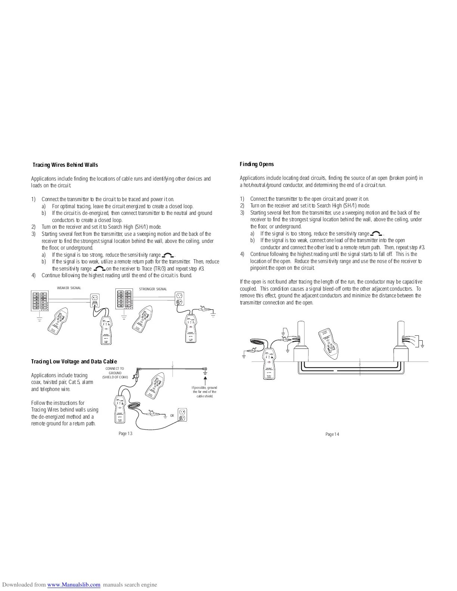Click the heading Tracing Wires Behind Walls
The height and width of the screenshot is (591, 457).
(x=65, y=165)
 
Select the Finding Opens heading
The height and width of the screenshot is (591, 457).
(x=257, y=164)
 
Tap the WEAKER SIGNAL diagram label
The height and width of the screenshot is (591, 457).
(x=69, y=288)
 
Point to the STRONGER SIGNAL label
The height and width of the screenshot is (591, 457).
(x=153, y=289)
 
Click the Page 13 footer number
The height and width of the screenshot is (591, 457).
(x=125, y=433)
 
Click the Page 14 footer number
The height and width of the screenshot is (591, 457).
(x=332, y=434)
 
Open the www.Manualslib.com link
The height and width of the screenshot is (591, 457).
(x=74, y=585)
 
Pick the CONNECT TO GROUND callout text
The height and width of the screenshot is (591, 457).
(x=115, y=373)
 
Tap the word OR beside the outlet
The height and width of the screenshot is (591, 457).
(x=172, y=416)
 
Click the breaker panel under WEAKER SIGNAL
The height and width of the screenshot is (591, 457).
(x=39, y=301)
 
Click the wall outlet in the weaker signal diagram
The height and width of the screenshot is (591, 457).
(x=95, y=298)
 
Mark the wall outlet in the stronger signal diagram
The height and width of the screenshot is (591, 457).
(x=179, y=297)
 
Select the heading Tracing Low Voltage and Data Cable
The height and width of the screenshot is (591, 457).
(x=74, y=362)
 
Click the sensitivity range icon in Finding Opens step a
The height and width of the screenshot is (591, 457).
(x=376, y=234)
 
